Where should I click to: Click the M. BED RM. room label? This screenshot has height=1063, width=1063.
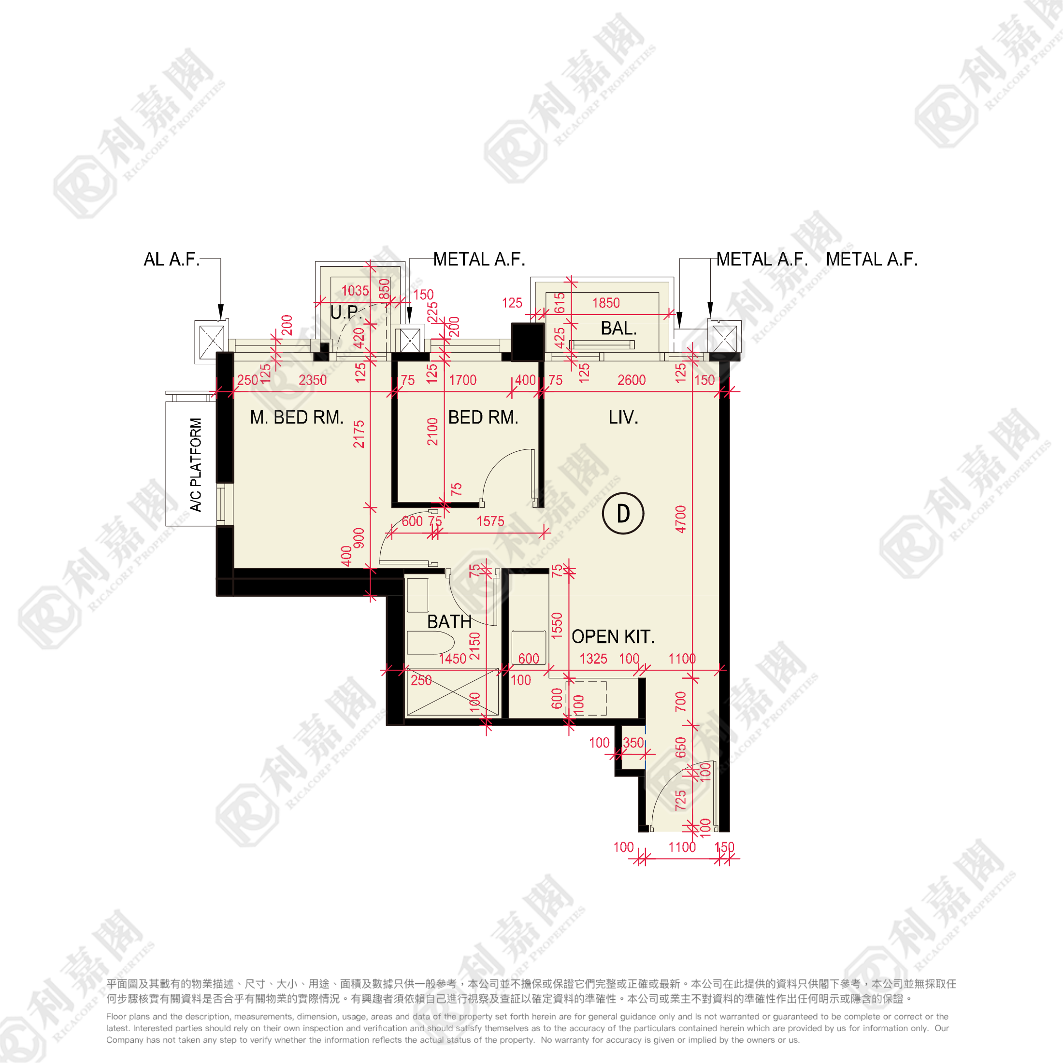(x=297, y=417)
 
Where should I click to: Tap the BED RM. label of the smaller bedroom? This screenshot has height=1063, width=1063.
(x=483, y=417)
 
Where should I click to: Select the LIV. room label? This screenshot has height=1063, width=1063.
(x=623, y=417)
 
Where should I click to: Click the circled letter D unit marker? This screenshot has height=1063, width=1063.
(x=623, y=513)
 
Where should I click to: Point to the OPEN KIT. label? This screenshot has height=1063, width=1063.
(x=613, y=636)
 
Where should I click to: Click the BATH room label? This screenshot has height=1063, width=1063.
(x=449, y=622)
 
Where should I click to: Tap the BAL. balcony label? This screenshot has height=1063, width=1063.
(x=618, y=329)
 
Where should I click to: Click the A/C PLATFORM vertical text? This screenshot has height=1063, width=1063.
(x=196, y=465)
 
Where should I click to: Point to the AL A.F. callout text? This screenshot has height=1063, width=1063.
(x=172, y=259)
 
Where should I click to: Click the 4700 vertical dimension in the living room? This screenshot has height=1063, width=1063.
(x=681, y=519)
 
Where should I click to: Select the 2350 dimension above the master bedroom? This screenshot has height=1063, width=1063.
(x=313, y=380)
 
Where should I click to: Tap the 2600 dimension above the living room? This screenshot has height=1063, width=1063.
(x=632, y=380)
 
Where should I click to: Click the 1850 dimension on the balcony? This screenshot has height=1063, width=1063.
(x=606, y=303)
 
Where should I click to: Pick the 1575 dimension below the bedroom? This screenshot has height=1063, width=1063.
(x=490, y=522)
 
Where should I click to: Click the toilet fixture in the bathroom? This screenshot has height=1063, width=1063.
(x=430, y=643)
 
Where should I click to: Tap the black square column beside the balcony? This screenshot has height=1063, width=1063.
(x=528, y=342)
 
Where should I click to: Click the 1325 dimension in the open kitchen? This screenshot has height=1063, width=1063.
(x=594, y=659)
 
